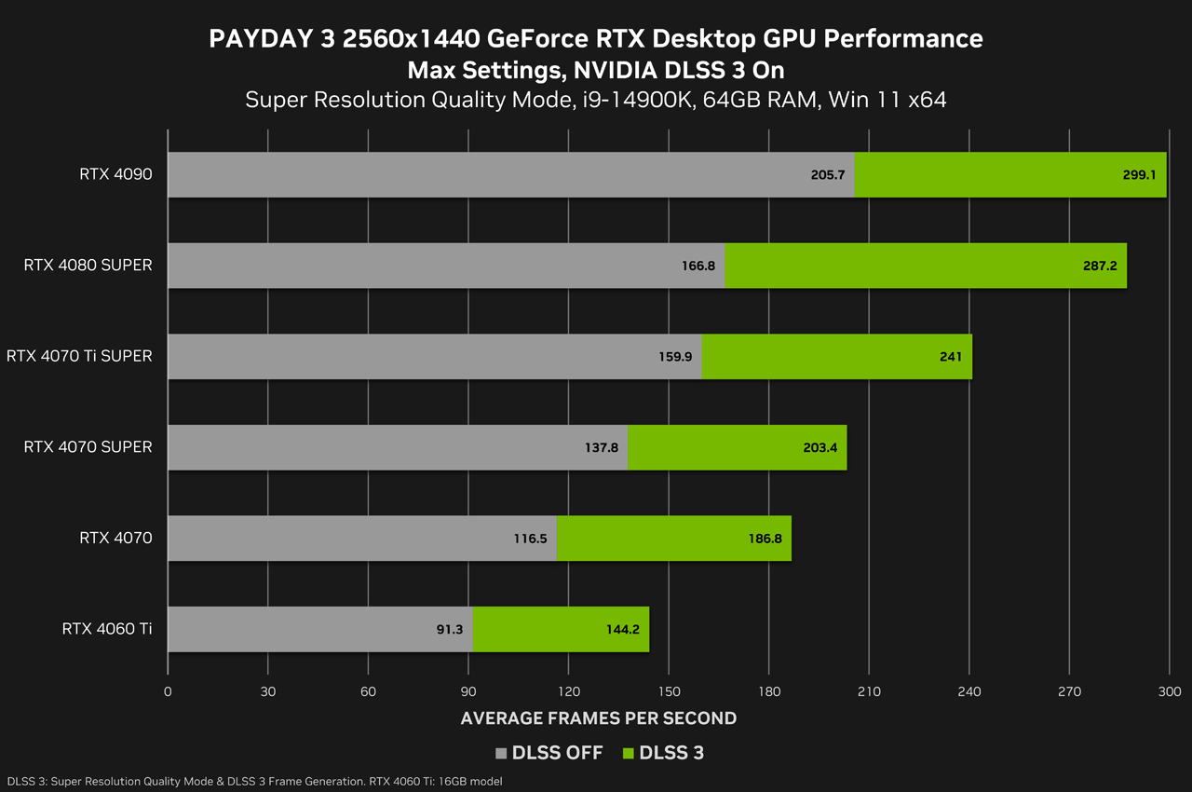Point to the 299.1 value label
pyautogui.click(x=1139, y=174)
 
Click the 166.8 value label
pyautogui.click(x=698, y=266)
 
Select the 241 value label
pyautogui.click(x=951, y=357)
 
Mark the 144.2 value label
pyautogui.click(x=622, y=629)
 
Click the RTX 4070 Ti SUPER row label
pyautogui.click(x=79, y=356)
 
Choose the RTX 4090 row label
pyautogui.click(x=115, y=174)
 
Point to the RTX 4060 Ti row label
pyautogui.click(x=107, y=629)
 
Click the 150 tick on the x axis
pyautogui.click(x=669, y=691)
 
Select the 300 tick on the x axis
pyautogui.click(x=1170, y=691)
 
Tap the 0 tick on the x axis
pyautogui.click(x=168, y=691)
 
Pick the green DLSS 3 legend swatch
pyautogui.click(x=628, y=753)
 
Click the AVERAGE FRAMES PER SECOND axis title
pyautogui.click(x=599, y=718)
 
